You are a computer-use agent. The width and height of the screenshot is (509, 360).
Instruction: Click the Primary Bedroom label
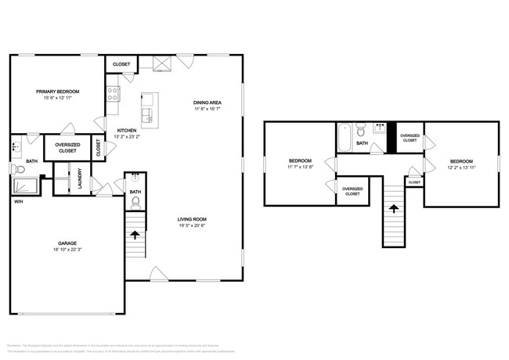(x=57, y=92)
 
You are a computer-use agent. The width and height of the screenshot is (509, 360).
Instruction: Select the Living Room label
(x=191, y=220)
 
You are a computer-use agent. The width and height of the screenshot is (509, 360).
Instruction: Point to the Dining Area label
(x=208, y=103)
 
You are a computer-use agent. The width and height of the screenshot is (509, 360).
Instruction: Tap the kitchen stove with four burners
(x=113, y=95)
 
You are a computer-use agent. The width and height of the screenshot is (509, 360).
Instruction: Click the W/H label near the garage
(x=17, y=201)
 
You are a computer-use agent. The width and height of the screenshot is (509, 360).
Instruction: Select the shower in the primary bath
(x=28, y=185)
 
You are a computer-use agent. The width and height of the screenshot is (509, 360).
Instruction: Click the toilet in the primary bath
(x=18, y=167)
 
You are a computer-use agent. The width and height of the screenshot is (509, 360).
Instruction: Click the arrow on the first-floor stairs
(x=135, y=233)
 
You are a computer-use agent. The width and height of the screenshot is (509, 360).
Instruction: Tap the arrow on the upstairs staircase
(x=392, y=209)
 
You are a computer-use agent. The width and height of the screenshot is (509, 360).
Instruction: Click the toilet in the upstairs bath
(x=361, y=130)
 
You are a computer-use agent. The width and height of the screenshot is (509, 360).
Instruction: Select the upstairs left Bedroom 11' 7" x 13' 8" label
(x=300, y=163)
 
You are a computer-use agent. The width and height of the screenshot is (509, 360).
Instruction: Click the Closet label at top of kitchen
(x=121, y=64)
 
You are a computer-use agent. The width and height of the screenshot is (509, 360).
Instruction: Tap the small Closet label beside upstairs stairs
(x=414, y=182)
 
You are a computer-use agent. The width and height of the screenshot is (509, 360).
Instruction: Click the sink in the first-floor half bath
(x=135, y=177)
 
